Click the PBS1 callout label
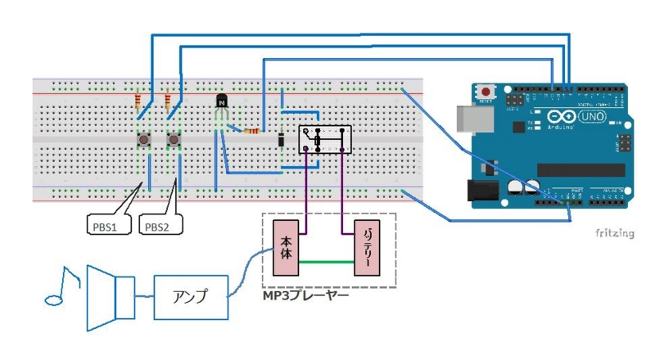click(105, 226)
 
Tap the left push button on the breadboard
click(144, 142)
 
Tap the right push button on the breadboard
click(174, 142)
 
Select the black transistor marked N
click(222, 101)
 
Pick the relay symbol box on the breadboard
click(324, 140)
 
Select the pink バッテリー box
click(366, 248)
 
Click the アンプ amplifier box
click(190, 296)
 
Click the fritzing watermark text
click(615, 233)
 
